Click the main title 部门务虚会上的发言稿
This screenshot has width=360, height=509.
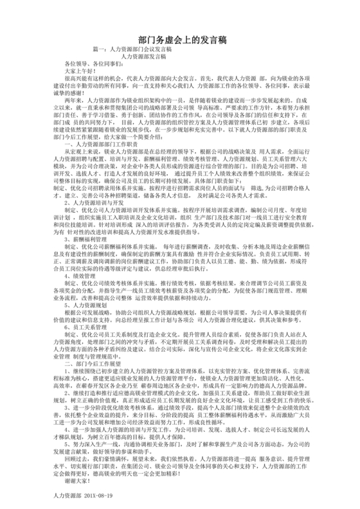click(181, 40)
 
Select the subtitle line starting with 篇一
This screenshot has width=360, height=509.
click(132, 49)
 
